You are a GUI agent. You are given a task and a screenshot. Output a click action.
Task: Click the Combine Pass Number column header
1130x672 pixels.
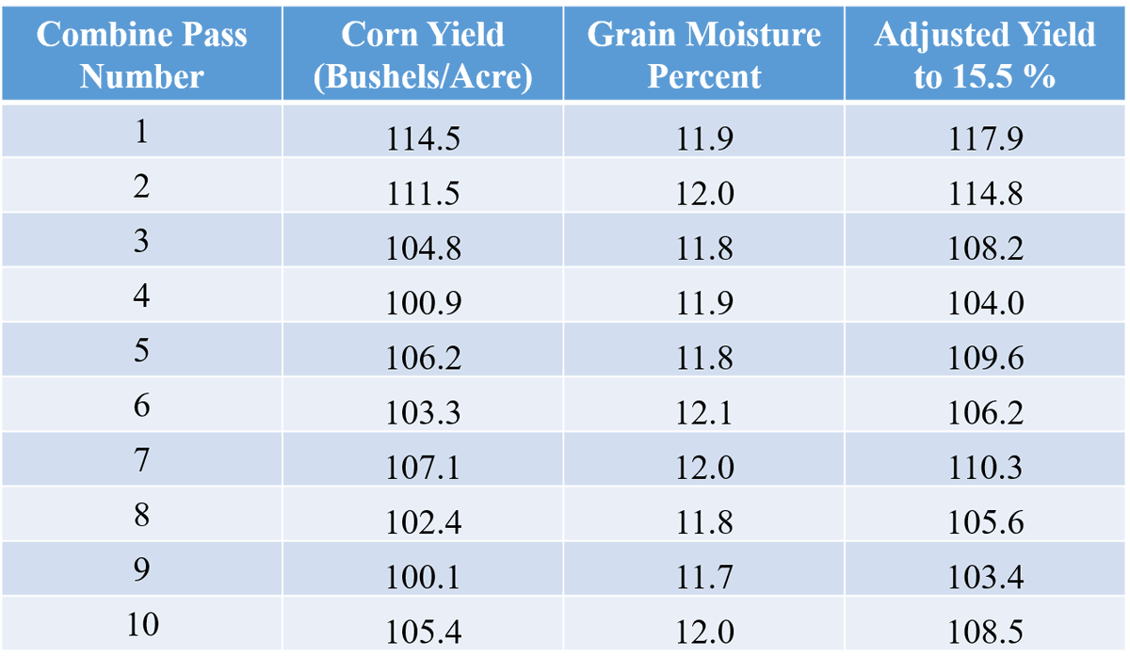point(141,55)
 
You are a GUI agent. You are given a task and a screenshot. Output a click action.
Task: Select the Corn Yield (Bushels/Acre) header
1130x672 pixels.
point(423,55)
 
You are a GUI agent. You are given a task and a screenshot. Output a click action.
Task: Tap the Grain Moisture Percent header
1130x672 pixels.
point(703,55)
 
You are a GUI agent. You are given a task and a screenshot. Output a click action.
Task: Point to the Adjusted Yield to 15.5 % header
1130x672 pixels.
point(984,55)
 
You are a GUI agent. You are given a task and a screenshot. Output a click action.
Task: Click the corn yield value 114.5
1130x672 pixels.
point(423,139)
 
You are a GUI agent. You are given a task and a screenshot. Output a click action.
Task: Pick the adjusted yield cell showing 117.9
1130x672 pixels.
point(985,139)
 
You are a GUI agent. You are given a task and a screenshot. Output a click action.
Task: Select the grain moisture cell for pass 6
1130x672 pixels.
point(704,413)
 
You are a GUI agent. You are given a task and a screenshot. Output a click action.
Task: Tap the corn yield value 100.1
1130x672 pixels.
point(423,577)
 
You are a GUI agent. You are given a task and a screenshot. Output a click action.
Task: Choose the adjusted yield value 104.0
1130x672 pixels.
point(985,304)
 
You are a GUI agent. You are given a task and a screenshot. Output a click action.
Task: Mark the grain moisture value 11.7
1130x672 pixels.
point(704,577)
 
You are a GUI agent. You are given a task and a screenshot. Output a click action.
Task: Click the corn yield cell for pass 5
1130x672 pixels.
point(423,359)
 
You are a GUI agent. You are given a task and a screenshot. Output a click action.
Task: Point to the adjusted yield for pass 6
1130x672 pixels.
point(985,413)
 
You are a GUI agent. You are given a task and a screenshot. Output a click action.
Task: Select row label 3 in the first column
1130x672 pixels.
point(141,240)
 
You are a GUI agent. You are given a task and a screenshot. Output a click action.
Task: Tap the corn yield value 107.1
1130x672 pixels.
point(423,468)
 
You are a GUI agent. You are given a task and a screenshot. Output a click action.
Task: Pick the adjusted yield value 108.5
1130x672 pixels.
point(985,632)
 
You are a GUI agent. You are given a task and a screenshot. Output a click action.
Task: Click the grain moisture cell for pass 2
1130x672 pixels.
point(704,194)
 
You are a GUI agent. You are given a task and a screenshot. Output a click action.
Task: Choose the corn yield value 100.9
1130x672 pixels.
point(423,304)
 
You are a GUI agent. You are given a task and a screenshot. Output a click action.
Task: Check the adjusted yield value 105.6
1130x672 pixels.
point(985,522)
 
